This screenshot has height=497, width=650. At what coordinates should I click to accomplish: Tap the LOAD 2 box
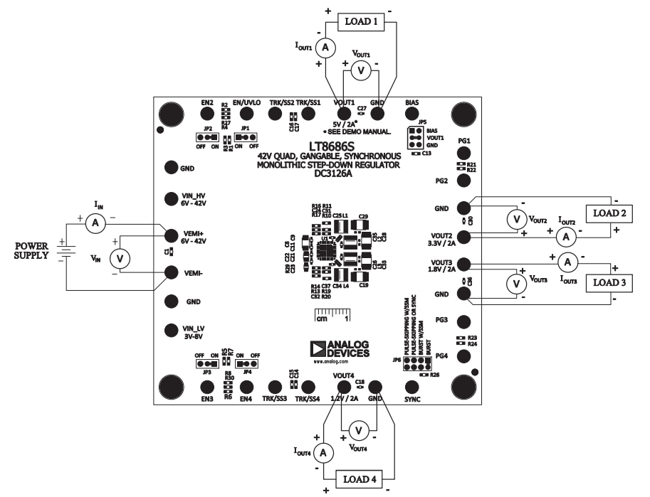pyautogui.click(x=610, y=213)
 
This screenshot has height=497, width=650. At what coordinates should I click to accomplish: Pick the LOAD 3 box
pyautogui.click(x=610, y=283)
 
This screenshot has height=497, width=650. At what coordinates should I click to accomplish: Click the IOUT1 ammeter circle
pyautogui.click(x=325, y=47)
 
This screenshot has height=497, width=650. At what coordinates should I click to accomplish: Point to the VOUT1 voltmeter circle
pyautogui.click(x=361, y=70)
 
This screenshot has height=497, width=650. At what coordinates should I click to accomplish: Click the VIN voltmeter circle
pyautogui.click(x=120, y=260)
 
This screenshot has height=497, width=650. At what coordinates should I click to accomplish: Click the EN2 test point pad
pyautogui.click(x=207, y=113)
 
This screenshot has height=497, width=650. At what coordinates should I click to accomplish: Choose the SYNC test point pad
pyautogui.click(x=412, y=387)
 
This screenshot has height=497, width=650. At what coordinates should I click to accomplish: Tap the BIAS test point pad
pyautogui.click(x=412, y=113)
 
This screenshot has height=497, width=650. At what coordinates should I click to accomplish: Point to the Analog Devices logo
pyautogui.click(x=340, y=348)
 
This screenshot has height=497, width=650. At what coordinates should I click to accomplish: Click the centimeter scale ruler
pyautogui.click(x=333, y=315)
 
